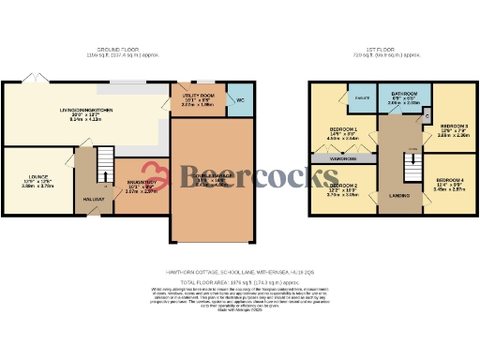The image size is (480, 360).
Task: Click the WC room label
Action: click(239, 98)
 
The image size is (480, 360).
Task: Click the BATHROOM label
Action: click(405, 94)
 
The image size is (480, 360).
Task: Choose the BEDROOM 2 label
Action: click(342, 186)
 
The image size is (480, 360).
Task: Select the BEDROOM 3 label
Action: click(454, 125)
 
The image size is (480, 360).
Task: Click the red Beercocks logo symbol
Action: click(168, 176)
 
